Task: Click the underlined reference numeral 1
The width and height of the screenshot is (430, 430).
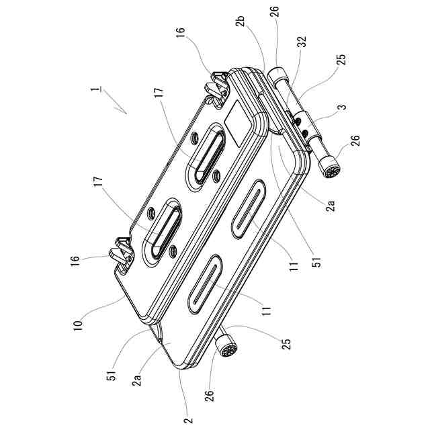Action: [99, 89]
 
